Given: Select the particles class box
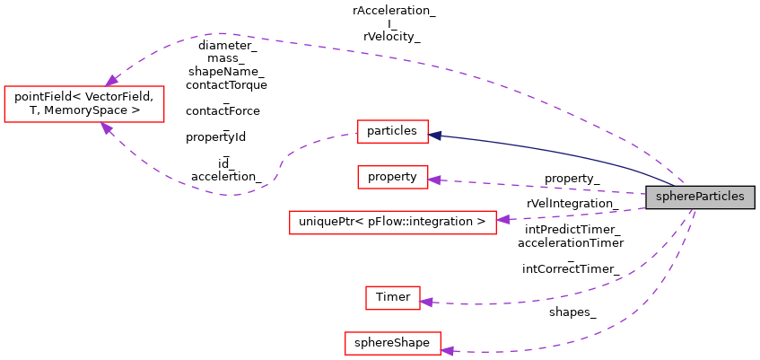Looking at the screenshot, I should coord(392,131).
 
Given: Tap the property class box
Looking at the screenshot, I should coord(392,177).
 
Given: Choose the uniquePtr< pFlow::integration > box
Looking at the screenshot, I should coord(392,221).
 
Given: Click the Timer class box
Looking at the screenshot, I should coord(392,297).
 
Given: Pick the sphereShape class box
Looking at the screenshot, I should coord(392,343).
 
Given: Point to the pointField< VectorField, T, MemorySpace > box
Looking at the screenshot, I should coord(84,103).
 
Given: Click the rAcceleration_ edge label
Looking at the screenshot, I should coord(394,11).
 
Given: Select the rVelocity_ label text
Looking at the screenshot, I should coord(392,37).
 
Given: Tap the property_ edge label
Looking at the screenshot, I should coord(572,180).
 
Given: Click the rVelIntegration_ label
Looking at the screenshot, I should coord(572,205).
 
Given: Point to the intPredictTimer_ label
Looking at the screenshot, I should coord(572,230).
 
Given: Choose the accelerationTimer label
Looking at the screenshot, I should coord(571,242).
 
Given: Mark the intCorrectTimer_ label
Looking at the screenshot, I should coord(571,268).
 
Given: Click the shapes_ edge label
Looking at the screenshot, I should coord(572,312).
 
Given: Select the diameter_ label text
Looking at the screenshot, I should coord(227,45).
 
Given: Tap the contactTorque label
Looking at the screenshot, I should coord(226,84).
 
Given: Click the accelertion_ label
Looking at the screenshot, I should coord(226,177).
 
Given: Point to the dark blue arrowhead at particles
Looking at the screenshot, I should coord(434,135).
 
